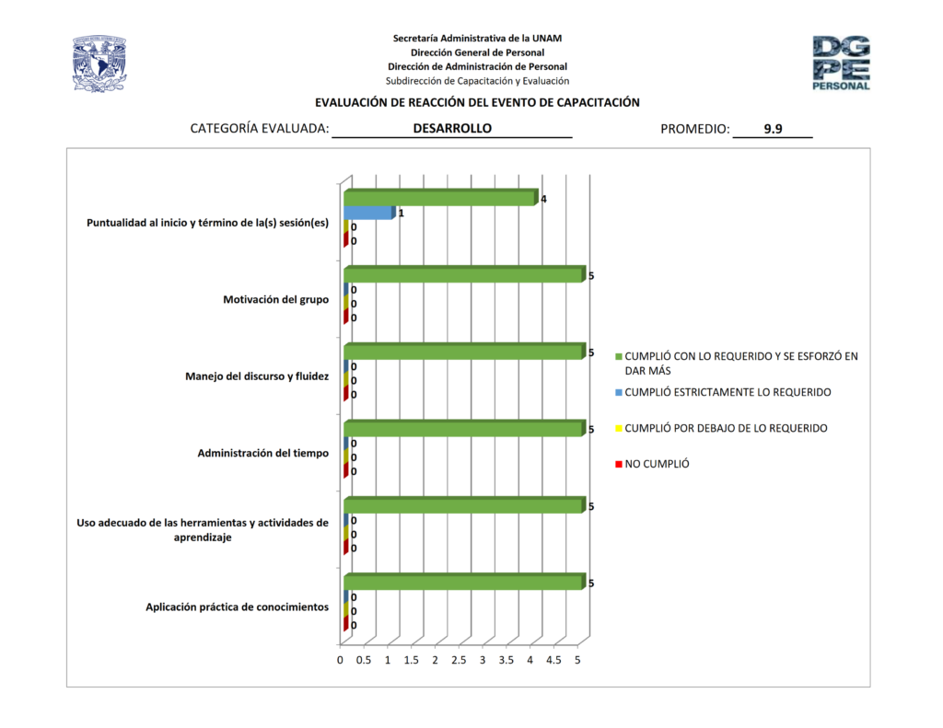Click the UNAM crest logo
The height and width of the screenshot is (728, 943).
99,64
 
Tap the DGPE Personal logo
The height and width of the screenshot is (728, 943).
841,63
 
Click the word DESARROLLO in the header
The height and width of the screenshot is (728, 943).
452,129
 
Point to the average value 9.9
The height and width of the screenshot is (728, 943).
773,129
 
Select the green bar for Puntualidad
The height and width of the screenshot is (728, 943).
438,198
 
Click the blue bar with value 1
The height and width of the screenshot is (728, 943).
368,213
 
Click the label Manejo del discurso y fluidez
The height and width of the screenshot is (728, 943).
257,376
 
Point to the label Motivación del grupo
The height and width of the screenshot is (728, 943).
275,299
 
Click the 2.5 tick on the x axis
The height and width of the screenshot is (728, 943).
459,660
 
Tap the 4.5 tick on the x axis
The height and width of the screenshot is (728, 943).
553,660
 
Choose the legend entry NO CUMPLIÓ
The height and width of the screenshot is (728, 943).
657,464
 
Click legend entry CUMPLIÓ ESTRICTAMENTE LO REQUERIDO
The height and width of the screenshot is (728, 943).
727,392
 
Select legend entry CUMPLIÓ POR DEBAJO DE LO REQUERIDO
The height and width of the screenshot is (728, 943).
725,428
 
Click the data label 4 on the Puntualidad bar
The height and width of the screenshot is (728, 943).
544,199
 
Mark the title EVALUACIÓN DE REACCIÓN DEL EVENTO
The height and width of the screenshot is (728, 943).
477,102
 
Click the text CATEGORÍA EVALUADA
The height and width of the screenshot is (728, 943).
259,129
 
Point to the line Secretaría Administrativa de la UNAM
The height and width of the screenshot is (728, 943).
477,38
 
